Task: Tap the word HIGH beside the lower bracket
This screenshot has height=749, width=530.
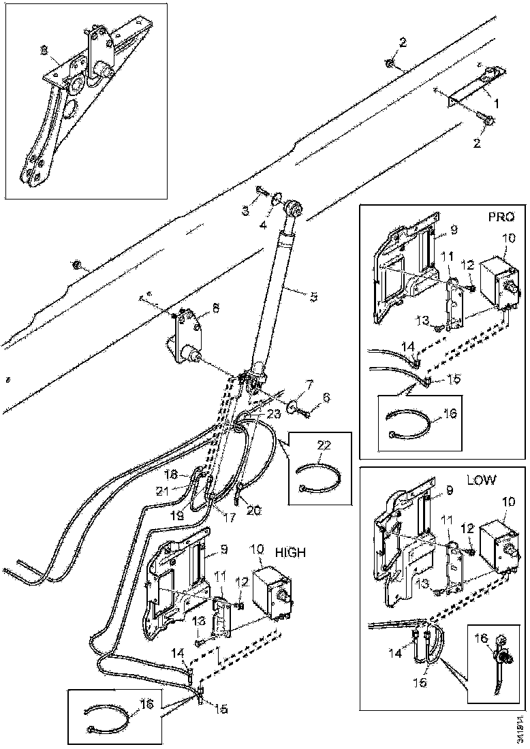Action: (x=291, y=553)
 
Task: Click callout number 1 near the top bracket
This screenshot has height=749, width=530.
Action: (x=497, y=103)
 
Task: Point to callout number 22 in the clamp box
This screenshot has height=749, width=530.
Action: (x=324, y=444)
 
